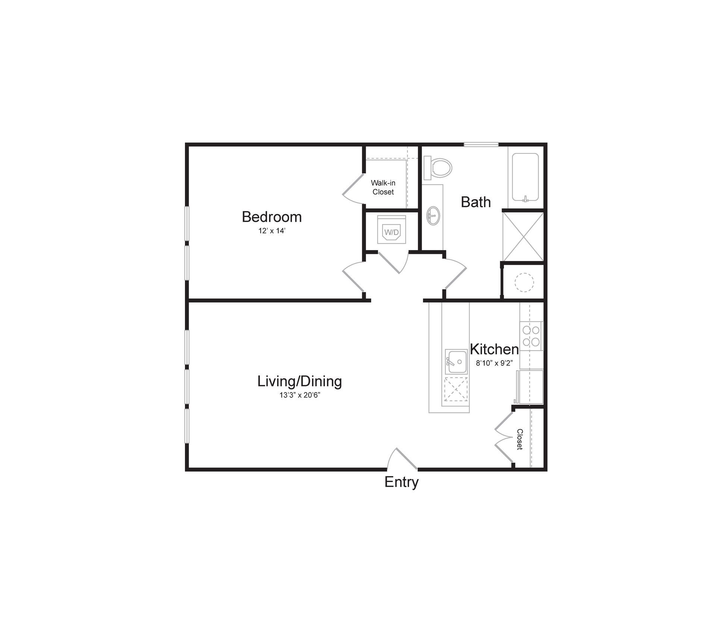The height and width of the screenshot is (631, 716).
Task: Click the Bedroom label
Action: tap(271, 217)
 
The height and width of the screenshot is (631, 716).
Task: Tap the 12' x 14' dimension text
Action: tap(271, 231)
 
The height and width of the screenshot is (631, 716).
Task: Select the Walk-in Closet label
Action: tap(383, 187)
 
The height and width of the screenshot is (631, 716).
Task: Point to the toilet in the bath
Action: tap(439, 168)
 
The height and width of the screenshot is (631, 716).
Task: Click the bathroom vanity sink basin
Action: tap(433, 216)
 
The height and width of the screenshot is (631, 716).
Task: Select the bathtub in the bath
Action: tap(525, 177)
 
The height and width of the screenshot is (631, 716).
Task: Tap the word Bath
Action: tap(475, 202)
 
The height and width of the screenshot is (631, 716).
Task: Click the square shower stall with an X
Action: tap(523, 236)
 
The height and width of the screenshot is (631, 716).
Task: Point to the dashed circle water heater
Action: tap(524, 282)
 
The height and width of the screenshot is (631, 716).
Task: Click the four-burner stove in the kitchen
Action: tap(531, 336)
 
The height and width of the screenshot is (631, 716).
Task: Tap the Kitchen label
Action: tap(494, 349)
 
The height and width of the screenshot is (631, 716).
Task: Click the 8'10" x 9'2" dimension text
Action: tap(494, 363)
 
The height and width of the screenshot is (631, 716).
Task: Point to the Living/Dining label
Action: tap(299, 381)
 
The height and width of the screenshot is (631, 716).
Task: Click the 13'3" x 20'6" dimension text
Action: tap(300, 395)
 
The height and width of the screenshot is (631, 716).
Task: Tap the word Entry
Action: tap(401, 482)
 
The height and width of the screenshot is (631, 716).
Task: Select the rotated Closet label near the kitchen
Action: tap(519, 439)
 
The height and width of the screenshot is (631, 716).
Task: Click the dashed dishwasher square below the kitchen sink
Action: tap(456, 389)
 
